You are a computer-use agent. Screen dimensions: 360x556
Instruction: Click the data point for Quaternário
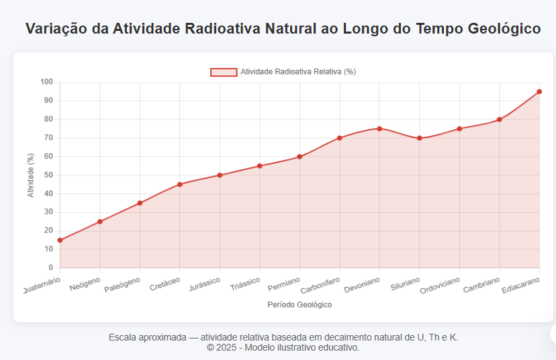pos(60,240)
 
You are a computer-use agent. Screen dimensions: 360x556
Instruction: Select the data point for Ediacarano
pos(539,91)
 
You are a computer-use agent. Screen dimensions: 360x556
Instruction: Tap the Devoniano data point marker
pos(379,128)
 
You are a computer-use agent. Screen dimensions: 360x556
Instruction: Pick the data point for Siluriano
pos(419,138)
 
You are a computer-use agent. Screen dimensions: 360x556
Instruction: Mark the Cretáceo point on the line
pos(179,184)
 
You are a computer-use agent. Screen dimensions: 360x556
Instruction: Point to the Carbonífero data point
pos(340,138)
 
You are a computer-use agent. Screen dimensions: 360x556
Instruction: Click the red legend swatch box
pos(224,72)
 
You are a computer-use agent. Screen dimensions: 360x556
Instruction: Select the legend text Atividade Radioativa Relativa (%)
pos(298,72)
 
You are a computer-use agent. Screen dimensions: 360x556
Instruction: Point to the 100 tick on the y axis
pos(46,82)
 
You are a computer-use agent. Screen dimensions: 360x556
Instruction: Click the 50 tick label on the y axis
pos(48,175)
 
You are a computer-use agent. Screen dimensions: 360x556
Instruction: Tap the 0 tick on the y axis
pos(50,267)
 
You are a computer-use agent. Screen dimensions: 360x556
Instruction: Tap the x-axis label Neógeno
pos(86,283)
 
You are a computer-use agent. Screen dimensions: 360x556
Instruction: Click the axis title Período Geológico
pos(299,304)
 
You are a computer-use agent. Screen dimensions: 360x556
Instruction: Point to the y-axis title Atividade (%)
pos(30,175)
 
